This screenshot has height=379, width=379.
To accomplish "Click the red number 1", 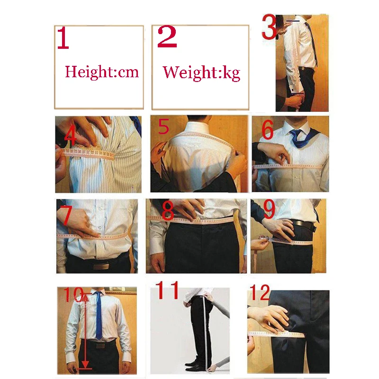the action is point(63,38).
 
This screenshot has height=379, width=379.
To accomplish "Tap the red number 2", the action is point(167,37).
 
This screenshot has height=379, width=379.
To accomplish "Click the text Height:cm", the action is point(102,72).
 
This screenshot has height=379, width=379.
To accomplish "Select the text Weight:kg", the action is point(201,72).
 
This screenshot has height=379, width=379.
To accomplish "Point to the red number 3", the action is point(269,27).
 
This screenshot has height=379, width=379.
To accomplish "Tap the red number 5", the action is point(163,126).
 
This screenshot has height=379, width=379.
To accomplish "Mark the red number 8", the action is point(168,211).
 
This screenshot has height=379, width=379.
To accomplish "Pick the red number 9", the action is point(269,209).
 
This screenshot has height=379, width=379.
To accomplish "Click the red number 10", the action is point(74,295).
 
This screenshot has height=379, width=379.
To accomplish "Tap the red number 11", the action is point(167,290).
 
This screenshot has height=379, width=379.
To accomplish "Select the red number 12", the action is point(260,292).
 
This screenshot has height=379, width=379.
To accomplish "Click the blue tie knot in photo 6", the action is point(297,133).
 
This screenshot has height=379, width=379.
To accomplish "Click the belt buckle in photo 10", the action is point(100,346).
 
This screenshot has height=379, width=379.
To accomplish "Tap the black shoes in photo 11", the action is point(196,366).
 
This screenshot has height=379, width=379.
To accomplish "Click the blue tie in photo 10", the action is point(99,315).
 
